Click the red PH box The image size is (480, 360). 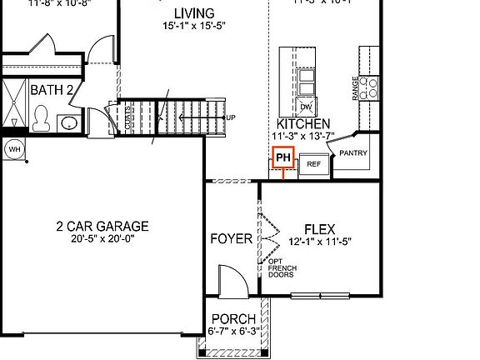tap(282, 157)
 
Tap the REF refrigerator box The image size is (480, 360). tap(313, 164)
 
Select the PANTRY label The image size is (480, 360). tap(352, 153)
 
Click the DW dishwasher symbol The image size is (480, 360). tap(306, 107)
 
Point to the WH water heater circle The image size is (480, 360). tap(14, 150)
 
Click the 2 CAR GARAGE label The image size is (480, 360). tap(102, 226)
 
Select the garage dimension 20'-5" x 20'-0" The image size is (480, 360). tap(102, 239)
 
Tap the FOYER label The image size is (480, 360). tap(231, 239)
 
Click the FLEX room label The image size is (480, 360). tap(320, 229)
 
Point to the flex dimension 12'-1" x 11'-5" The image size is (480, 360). tap(320, 242)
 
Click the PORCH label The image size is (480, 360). tap(233, 320)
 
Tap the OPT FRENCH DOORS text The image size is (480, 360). tap(282, 268)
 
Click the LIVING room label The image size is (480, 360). tap(193, 14)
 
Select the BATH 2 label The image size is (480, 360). tap(52, 89)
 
